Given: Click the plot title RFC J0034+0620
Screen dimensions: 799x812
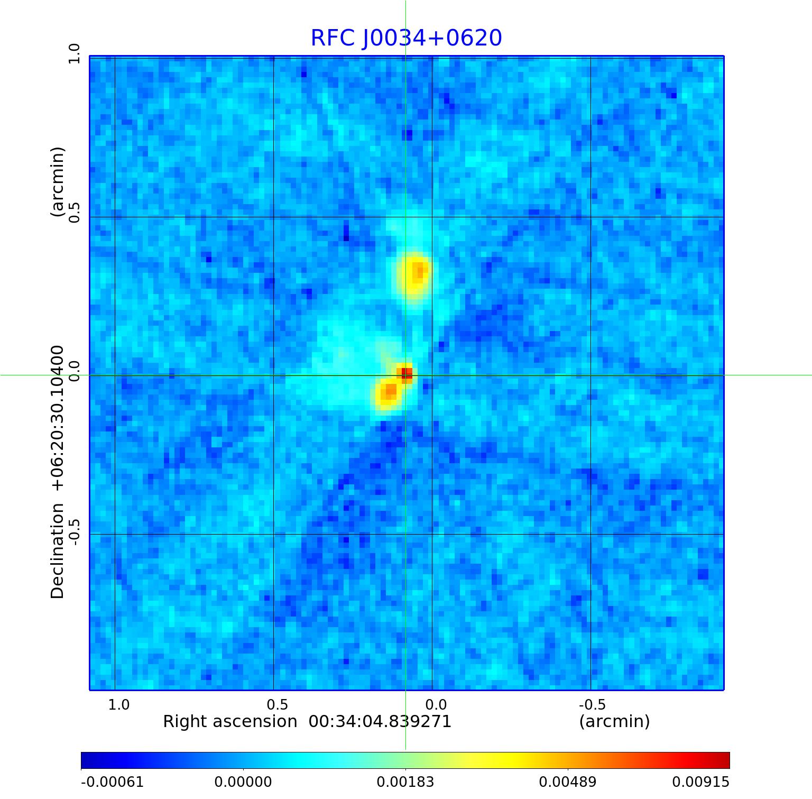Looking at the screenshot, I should pyautogui.click(x=406, y=38).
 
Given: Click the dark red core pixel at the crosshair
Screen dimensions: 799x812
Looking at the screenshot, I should pyautogui.click(x=406, y=374).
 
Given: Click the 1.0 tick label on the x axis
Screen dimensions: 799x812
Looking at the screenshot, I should pyautogui.click(x=119, y=704).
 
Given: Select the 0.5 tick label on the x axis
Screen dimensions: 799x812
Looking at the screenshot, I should pyautogui.click(x=278, y=704).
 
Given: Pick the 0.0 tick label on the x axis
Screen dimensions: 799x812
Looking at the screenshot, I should pyautogui.click(x=436, y=704).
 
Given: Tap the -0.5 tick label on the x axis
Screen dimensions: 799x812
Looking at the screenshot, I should pyautogui.click(x=592, y=704).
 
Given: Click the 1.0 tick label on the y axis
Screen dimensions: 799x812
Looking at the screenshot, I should pyautogui.click(x=73, y=54).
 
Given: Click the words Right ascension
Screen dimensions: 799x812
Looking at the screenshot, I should pyautogui.click(x=230, y=721).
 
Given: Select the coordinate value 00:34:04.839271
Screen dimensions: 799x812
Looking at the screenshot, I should pyautogui.click(x=380, y=721).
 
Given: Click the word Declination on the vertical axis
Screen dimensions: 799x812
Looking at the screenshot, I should pyautogui.click(x=57, y=551).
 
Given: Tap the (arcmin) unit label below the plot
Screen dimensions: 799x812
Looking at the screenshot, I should pyautogui.click(x=614, y=721).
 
